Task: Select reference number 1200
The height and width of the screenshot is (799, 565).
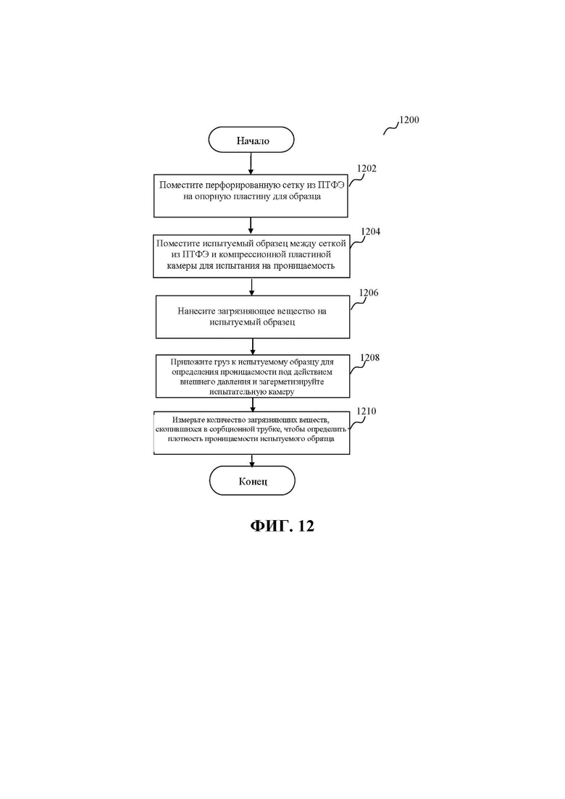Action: coord(409,120)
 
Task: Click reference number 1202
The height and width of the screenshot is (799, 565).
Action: coord(367,169)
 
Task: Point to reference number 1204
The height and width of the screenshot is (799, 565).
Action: coord(370,231)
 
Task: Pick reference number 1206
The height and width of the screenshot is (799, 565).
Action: coord(369,293)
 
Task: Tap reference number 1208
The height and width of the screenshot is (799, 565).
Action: coord(370,358)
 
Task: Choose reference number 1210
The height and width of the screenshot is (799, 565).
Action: coord(367,411)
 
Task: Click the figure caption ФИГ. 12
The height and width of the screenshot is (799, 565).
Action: coord(282,525)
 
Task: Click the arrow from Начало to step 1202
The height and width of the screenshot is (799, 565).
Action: coord(251,164)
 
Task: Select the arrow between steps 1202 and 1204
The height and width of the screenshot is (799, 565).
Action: coord(251,226)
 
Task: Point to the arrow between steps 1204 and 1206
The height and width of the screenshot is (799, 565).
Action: coord(251,287)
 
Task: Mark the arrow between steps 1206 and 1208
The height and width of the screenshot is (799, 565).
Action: coord(253,346)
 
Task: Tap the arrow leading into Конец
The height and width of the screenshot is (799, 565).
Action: coord(251,460)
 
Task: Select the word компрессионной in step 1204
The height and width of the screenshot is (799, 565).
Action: coord(259,254)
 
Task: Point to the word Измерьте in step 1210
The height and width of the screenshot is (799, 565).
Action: coord(188,420)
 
